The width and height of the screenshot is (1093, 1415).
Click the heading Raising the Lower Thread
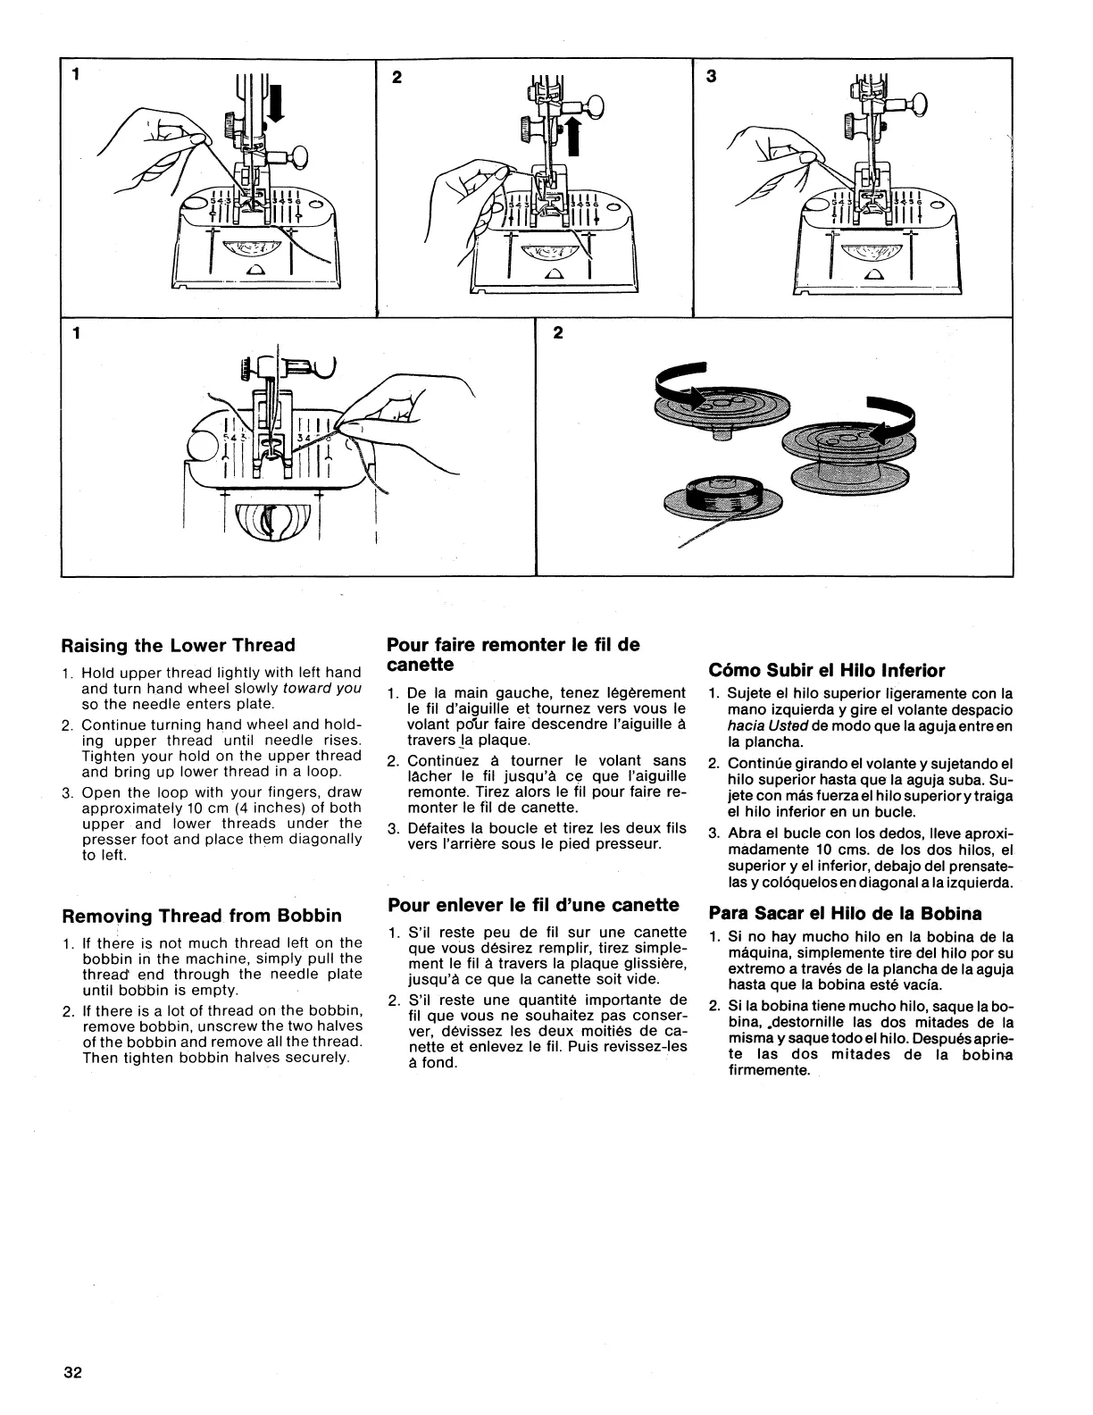click(x=177, y=645)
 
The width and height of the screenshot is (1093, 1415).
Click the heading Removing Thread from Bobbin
click(x=201, y=916)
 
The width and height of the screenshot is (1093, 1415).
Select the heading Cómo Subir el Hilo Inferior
click(x=826, y=670)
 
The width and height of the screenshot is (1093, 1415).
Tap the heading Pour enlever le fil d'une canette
click(x=534, y=905)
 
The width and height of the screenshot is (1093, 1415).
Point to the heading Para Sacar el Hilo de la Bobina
click(x=845, y=913)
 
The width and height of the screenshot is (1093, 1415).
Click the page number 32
click(x=72, y=1374)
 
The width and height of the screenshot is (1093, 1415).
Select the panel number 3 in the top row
click(x=712, y=77)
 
